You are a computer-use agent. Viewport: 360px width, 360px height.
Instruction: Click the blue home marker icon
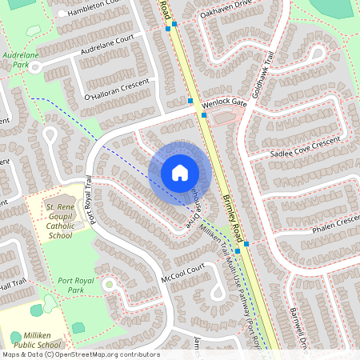point(180,172)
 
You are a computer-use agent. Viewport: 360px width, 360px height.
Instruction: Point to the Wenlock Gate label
point(225,103)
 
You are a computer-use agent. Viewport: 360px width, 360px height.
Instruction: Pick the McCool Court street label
point(182,272)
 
